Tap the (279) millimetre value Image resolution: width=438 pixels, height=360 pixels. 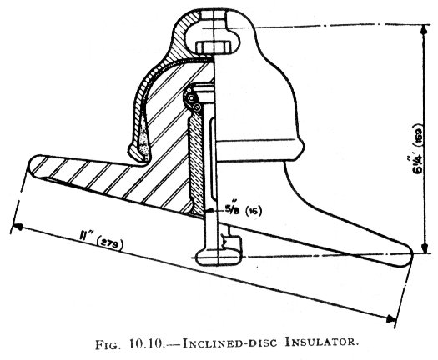109,244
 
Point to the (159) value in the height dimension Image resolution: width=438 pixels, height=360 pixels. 419,132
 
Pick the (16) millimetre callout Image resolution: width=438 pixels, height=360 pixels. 253,211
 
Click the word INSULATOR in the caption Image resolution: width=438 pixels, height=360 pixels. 321,342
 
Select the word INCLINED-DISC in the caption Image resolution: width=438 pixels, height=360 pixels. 229,343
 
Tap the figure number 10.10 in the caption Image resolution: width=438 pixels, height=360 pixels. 146,343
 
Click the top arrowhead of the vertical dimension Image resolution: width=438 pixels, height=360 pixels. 425,29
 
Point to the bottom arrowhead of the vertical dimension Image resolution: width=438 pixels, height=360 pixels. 425,247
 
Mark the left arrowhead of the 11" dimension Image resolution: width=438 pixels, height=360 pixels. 18,227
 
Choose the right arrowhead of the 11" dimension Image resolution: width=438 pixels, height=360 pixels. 391,318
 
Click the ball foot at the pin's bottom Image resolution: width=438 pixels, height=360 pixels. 218,257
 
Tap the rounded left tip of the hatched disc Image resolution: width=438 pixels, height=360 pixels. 35,165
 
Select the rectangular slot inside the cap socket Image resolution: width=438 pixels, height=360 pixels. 214,47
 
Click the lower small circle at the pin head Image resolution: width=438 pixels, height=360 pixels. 197,107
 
